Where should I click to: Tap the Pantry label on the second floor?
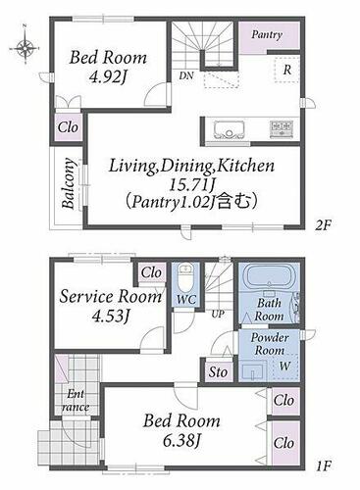(267, 34)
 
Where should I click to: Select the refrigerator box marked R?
(286, 70)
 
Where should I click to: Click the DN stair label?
(186, 75)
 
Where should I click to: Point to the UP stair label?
(218, 315)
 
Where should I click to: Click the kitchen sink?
(230, 129)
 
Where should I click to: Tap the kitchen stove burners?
(282, 129)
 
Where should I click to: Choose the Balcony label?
(69, 183)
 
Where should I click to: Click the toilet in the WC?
(185, 278)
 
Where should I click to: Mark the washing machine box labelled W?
(285, 367)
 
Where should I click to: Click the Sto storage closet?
(219, 371)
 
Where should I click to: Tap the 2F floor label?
(324, 225)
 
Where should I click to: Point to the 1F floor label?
(324, 465)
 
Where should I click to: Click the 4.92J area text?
(108, 77)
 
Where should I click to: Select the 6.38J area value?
(181, 441)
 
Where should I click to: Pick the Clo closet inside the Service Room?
(151, 272)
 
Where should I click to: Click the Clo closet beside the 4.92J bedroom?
(68, 127)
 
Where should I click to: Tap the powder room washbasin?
(253, 371)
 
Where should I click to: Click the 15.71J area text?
(191, 185)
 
